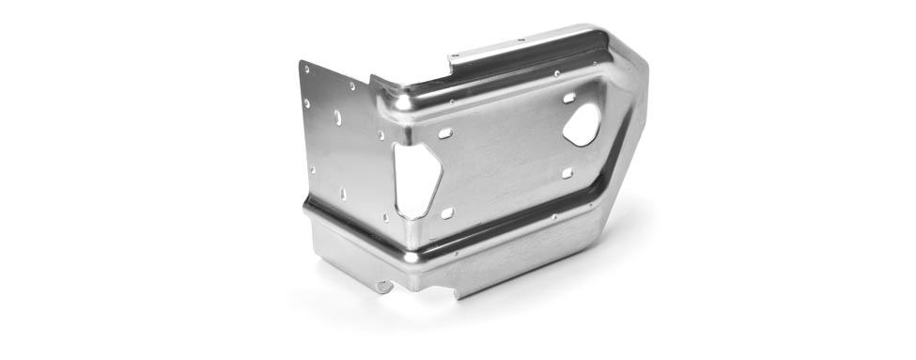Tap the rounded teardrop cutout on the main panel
pyautogui.click(x=582, y=124)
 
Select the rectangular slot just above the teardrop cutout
pyautogui.click(x=569, y=97)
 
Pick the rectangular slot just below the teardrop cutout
pyautogui.click(x=567, y=172)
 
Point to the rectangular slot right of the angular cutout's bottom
pyautogui.click(x=447, y=213)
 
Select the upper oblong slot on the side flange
pyautogui.click(x=337, y=117)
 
